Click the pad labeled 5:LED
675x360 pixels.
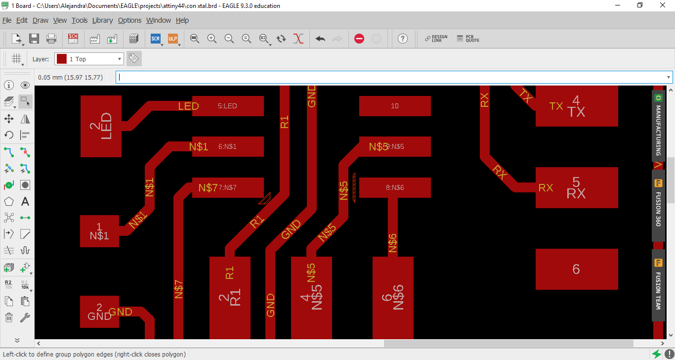pyautogui.click(x=228, y=106)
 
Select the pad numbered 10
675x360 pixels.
pyautogui.click(x=395, y=106)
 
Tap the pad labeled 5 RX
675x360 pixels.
pyautogui.click(x=577, y=187)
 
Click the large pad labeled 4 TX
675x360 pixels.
pyautogui.click(x=577, y=106)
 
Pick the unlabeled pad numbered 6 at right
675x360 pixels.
pyautogui.click(x=577, y=269)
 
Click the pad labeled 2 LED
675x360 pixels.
pyautogui.click(x=101, y=126)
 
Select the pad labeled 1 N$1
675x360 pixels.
pyautogui.click(x=99, y=231)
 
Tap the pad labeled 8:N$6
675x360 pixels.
pyautogui.click(x=395, y=187)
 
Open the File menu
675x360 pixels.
pyautogui.click(x=7, y=20)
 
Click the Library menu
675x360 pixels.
pyautogui.click(x=102, y=20)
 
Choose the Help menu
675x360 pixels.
pyautogui.click(x=182, y=20)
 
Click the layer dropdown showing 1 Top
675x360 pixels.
pyautogui.click(x=89, y=59)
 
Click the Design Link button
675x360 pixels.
pyautogui.click(x=436, y=39)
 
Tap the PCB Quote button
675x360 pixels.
pyautogui.click(x=468, y=39)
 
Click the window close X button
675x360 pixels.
pyautogui.click(x=663, y=6)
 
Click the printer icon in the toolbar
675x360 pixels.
pyautogui.click(x=51, y=39)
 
